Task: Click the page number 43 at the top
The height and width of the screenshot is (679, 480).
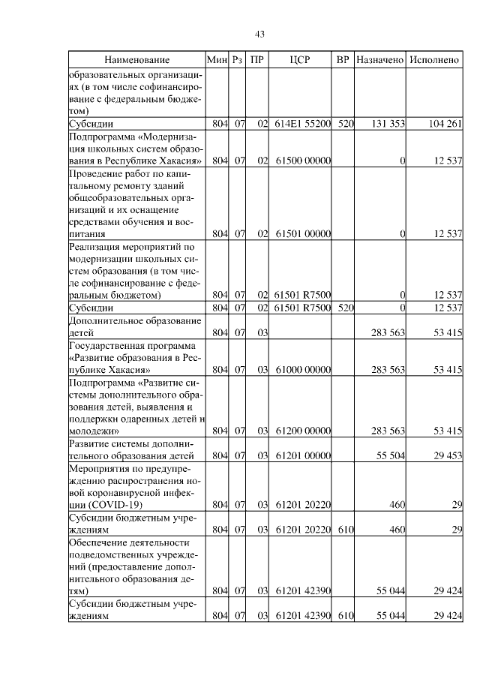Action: pos(260,34)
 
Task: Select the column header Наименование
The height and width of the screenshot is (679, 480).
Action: pos(137,59)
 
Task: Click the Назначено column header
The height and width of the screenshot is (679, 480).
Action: pos(380,59)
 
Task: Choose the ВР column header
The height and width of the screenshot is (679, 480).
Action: pos(343,59)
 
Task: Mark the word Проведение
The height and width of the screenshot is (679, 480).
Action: pos(94,173)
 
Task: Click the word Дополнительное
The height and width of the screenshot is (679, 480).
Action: pos(104,320)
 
